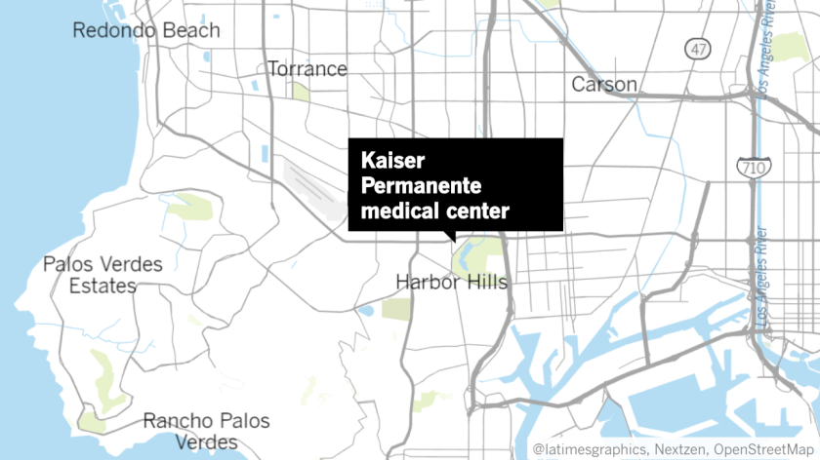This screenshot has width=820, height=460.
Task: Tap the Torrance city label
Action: pyautogui.click(x=307, y=69)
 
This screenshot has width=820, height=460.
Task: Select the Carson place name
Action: pyautogui.click(x=604, y=85)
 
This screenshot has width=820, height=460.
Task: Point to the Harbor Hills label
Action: pyautogui.click(x=452, y=283)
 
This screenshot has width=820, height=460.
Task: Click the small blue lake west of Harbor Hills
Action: pyautogui.click(x=366, y=311)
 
